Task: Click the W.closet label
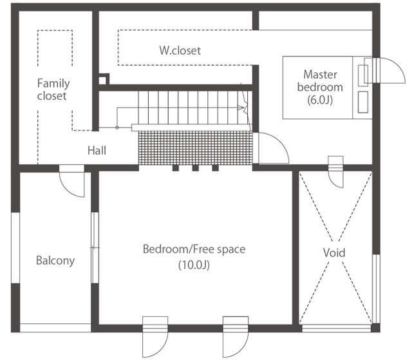click(180, 50)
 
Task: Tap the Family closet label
click(53, 90)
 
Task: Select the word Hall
click(97, 151)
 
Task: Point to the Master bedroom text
click(320, 81)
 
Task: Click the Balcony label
click(55, 260)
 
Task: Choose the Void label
click(334, 252)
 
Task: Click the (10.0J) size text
click(194, 265)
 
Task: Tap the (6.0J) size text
click(320, 100)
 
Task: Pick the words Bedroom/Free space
click(194, 249)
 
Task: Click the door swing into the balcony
click(71, 181)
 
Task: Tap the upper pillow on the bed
click(363, 75)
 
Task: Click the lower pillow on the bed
click(363, 102)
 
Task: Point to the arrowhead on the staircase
click(240, 107)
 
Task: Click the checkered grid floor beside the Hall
click(195, 148)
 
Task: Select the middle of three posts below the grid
click(195, 167)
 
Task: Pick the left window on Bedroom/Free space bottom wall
click(155, 328)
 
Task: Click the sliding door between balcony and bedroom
click(95, 247)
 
